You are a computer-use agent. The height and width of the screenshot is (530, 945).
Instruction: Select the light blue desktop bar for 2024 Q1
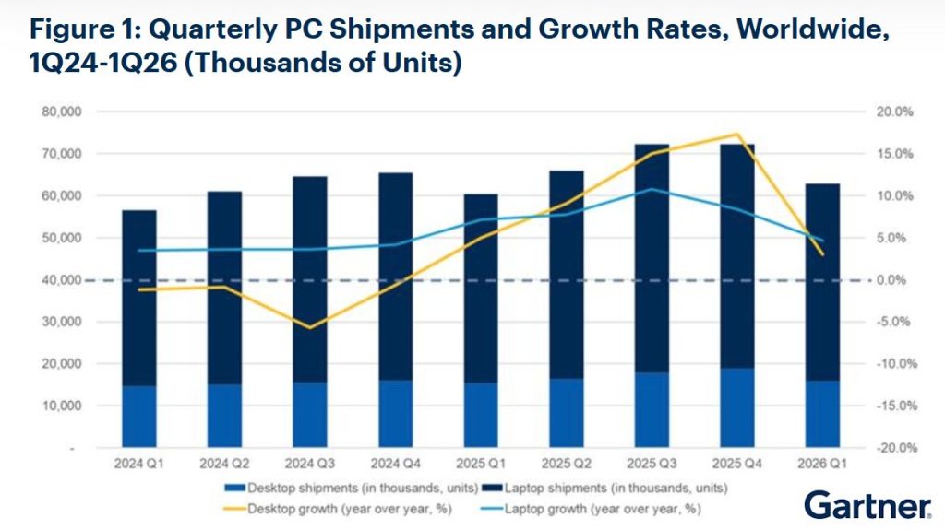139,416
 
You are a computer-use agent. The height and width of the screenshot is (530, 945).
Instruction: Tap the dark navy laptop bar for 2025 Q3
652,258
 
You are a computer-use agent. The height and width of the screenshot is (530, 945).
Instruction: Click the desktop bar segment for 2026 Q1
822,414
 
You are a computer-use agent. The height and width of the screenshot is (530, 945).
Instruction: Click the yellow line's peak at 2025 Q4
736,135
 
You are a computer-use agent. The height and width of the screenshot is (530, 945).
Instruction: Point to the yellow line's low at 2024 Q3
310,327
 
